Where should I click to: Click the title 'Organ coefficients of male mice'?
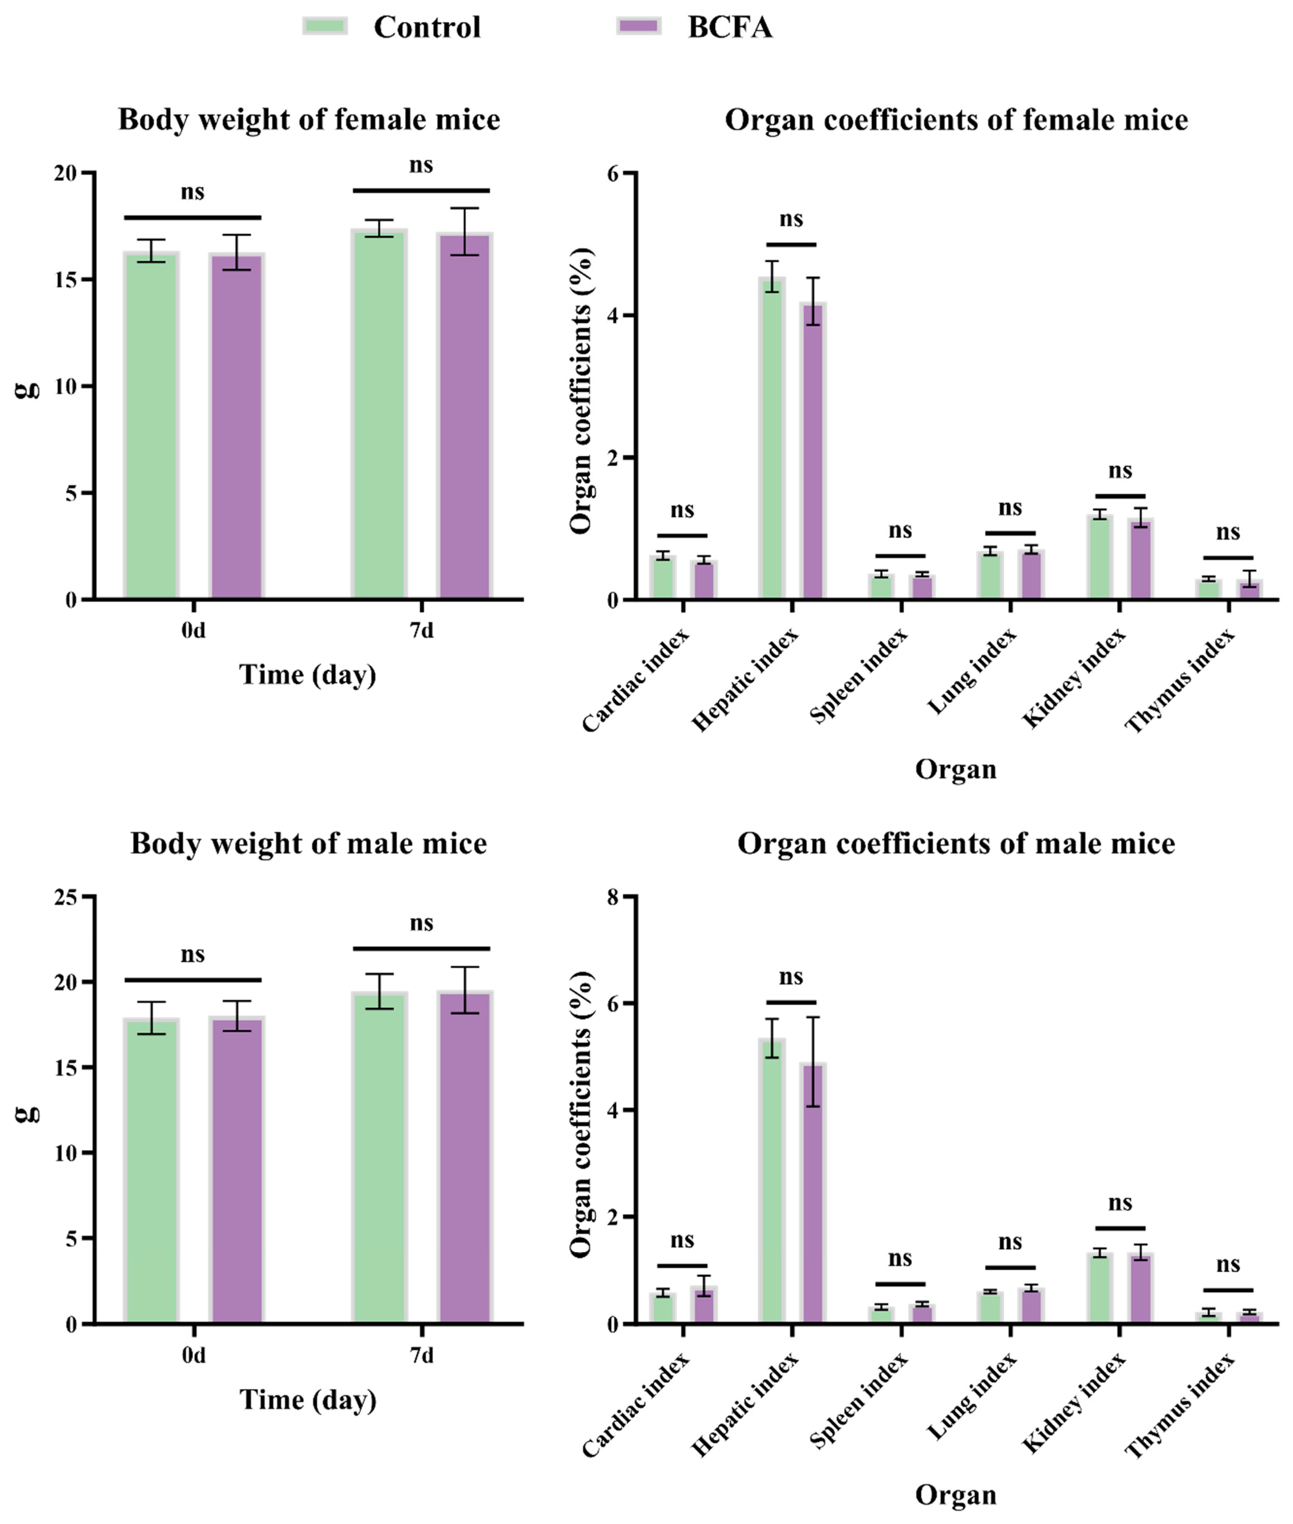pos(956,843)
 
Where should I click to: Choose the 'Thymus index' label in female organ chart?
pos(1180,681)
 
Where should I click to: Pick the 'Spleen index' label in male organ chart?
pos(859,1405)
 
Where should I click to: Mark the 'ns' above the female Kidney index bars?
pos(1120,471)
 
